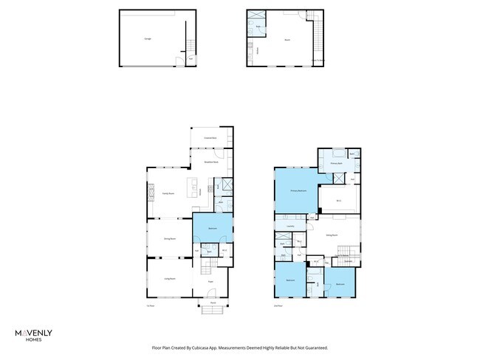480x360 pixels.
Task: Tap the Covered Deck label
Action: (x=210, y=138)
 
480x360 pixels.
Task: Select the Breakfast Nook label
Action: (x=210, y=162)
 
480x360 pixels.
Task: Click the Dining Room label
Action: (x=169, y=239)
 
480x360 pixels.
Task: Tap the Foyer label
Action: (x=210, y=281)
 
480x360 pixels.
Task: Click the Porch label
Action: (x=212, y=302)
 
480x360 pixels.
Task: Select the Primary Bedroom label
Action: (x=298, y=190)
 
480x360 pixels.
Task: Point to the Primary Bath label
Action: (x=335, y=165)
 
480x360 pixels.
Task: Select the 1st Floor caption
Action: (x=151, y=305)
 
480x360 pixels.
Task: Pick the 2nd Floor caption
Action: (x=278, y=305)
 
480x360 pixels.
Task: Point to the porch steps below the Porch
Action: (x=212, y=310)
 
